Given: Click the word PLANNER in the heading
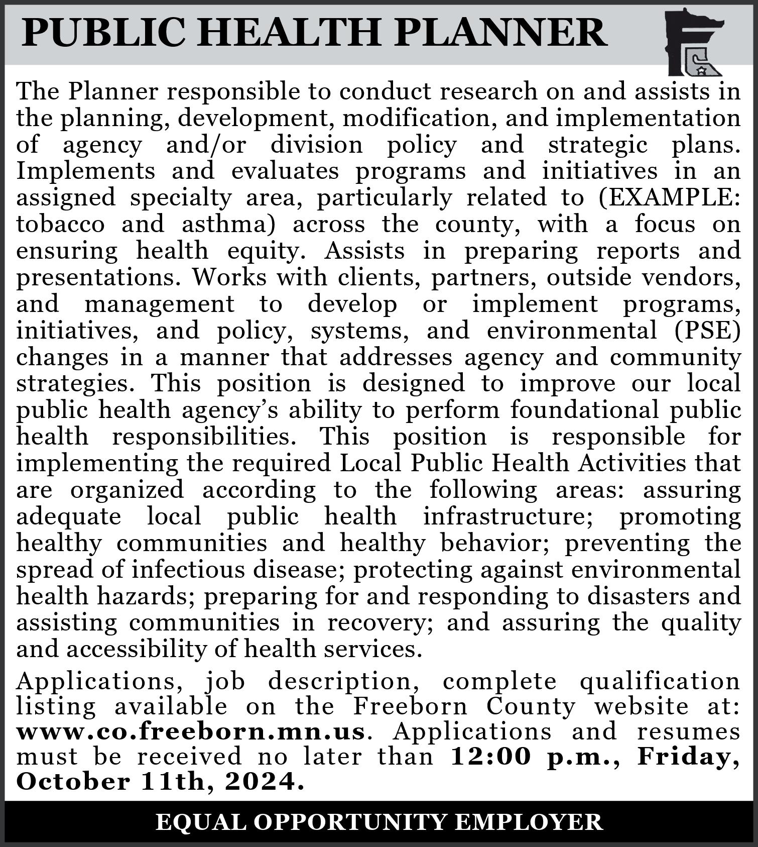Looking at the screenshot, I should tap(501, 33).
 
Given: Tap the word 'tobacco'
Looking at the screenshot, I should tap(60, 224).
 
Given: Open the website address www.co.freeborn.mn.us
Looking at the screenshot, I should tap(191, 731).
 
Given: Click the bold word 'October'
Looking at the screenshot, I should tap(73, 782).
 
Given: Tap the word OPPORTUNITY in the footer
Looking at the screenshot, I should tap(349, 822).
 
